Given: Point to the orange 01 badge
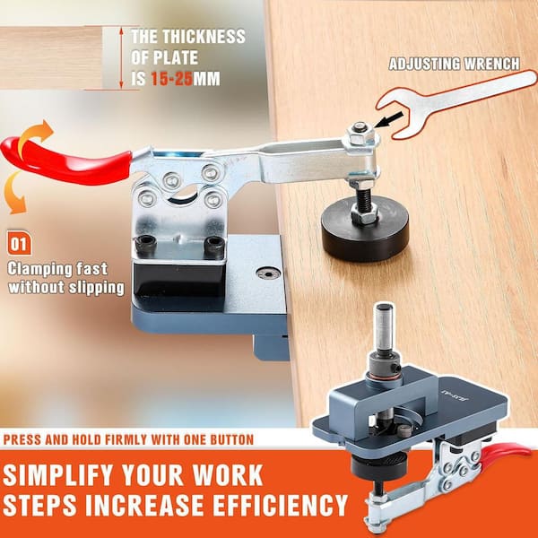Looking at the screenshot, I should click(20, 243).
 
